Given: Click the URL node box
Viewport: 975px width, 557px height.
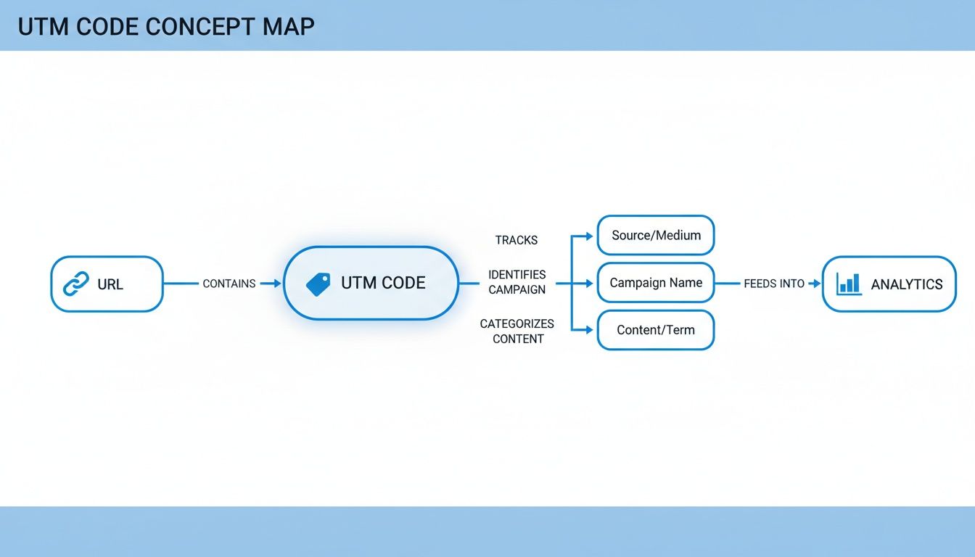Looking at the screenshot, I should (x=107, y=284).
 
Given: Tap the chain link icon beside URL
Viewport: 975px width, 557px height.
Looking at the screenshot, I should (x=76, y=284).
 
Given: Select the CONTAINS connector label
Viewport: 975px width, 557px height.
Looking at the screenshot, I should (x=229, y=284).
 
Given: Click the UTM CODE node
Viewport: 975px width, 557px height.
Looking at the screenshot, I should (x=371, y=283).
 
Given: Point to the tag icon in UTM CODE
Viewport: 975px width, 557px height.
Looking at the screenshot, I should (x=318, y=284).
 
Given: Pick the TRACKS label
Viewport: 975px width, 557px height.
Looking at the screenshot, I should (x=517, y=240).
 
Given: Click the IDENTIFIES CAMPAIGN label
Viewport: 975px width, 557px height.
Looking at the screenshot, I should (x=517, y=282).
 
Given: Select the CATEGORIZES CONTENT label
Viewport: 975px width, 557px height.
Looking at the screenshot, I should (x=517, y=331).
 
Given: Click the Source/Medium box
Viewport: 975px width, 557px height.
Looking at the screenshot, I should (x=656, y=235).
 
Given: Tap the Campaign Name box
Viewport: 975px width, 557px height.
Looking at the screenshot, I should (x=656, y=283).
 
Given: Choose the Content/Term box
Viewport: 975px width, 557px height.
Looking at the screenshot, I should (x=656, y=330).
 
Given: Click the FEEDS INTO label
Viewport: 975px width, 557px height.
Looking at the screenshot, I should (x=774, y=284).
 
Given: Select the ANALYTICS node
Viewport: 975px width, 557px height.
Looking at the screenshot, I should (x=889, y=284).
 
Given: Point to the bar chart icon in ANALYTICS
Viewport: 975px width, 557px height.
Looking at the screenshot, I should (x=848, y=284).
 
